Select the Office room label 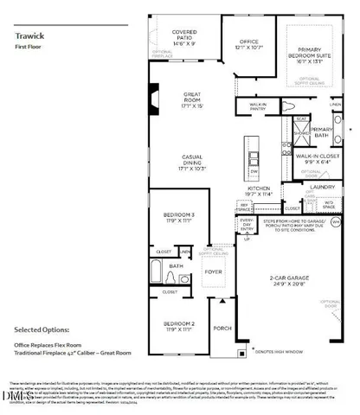pyautogui.click(x=249, y=42)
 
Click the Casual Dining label pyautogui.click(x=191, y=161)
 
